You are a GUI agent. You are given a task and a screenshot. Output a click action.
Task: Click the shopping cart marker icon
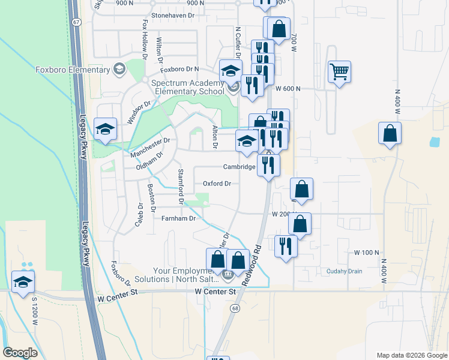click(x=339, y=72)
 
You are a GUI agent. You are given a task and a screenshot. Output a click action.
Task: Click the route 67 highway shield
click(x=74, y=22)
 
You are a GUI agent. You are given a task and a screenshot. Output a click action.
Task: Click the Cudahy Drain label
click(x=345, y=271)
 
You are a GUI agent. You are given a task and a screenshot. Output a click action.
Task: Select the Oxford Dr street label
click(x=217, y=184)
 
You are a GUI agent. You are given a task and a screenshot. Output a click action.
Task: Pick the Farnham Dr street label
click(x=179, y=218)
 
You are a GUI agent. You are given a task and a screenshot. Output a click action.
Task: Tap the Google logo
click(x=20, y=353)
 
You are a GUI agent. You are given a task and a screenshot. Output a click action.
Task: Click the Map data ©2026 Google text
click(x=411, y=355)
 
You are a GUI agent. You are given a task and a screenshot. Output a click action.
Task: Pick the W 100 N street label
click(x=366, y=253)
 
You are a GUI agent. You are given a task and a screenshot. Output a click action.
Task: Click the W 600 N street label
click(x=288, y=88)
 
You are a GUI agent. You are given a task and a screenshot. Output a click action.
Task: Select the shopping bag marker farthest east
click(x=390, y=133)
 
